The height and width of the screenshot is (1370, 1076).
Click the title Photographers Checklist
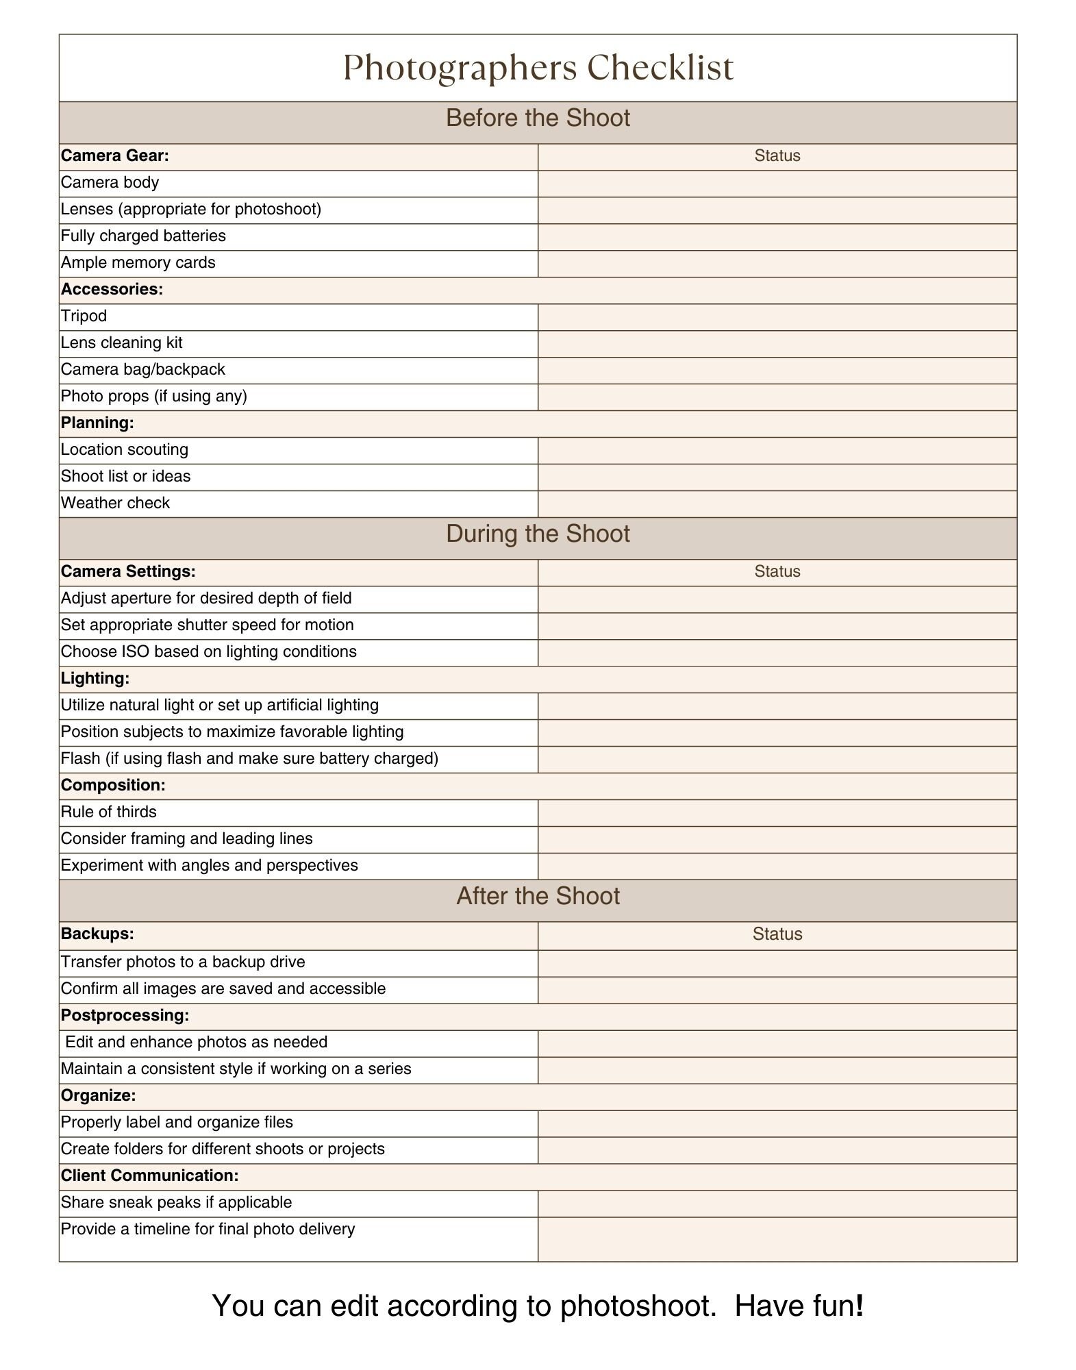(538, 68)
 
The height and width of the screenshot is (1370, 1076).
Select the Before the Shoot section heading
(538, 119)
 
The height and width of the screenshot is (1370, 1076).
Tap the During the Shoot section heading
(538, 534)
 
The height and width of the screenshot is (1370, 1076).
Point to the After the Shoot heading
(538, 897)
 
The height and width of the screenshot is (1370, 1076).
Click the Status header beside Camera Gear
(777, 156)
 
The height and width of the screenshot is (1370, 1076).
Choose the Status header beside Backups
(777, 934)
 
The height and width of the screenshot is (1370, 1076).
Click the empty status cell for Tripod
(777, 317)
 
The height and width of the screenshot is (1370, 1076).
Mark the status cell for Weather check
(777, 504)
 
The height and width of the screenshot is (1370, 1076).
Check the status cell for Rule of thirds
(777, 813)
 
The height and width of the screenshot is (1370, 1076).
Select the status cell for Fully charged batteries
(777, 237)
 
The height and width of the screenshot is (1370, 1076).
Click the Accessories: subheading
(112, 290)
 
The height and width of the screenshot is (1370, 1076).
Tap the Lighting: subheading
(95, 679)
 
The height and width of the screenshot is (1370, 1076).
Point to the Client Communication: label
(149, 1176)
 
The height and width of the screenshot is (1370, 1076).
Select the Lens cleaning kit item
(122, 343)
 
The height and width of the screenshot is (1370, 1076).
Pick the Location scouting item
(125, 450)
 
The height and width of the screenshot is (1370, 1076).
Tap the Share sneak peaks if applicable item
(176, 1203)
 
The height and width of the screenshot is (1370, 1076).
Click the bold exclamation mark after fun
(860, 1306)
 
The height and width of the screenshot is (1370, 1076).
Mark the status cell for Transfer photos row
(777, 963)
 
